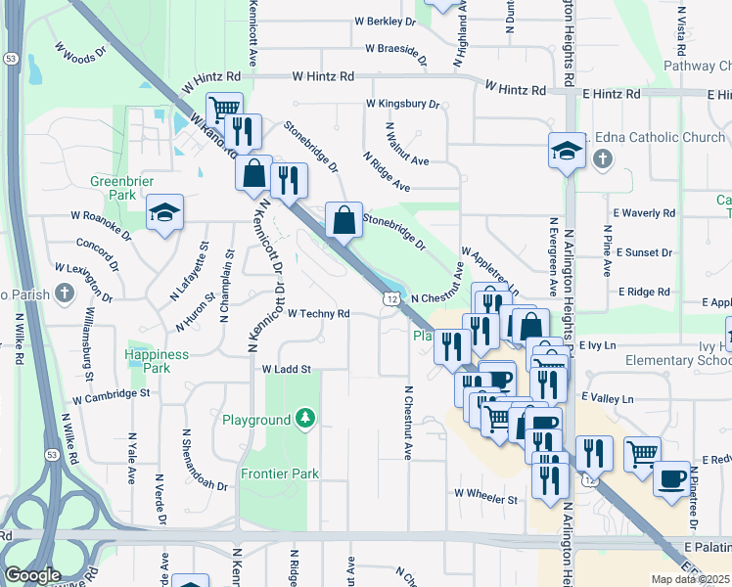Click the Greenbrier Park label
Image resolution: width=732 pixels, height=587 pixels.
(x=117, y=188)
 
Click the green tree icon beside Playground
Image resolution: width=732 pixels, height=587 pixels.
(x=306, y=420)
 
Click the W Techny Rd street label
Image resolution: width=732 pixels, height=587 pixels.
(x=319, y=314)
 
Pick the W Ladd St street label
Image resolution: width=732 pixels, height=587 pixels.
(x=286, y=370)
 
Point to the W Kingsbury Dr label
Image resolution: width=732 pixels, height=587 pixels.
(x=403, y=103)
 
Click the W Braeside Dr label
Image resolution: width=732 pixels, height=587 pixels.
(x=403, y=47)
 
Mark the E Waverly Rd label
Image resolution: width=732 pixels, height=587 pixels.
(x=644, y=212)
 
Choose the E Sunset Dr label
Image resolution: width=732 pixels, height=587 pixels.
(x=643, y=252)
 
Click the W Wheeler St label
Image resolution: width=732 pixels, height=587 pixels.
(x=484, y=499)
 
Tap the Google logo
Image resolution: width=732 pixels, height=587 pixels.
(x=32, y=575)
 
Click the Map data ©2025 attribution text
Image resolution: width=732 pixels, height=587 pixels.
(x=690, y=579)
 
